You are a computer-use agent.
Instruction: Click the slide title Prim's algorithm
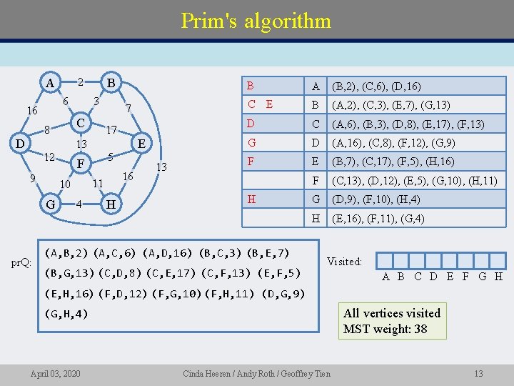[x=256, y=20]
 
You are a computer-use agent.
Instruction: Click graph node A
[x=49, y=82]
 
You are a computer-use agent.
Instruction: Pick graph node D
[x=22, y=143]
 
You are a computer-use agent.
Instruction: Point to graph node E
[x=141, y=143]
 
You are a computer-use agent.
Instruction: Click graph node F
[x=81, y=164]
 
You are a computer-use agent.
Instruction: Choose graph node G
[x=50, y=204]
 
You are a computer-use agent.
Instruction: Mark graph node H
[x=111, y=204]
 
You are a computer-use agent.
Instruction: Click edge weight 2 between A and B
[x=81, y=82]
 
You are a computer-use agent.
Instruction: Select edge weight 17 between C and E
[x=111, y=131]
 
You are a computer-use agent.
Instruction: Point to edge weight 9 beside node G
[x=33, y=178]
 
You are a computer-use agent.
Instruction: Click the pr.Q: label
[x=21, y=262]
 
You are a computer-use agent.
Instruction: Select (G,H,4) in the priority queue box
[x=66, y=313]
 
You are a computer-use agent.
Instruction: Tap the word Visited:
[x=344, y=262]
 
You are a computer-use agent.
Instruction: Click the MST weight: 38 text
[x=385, y=329]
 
